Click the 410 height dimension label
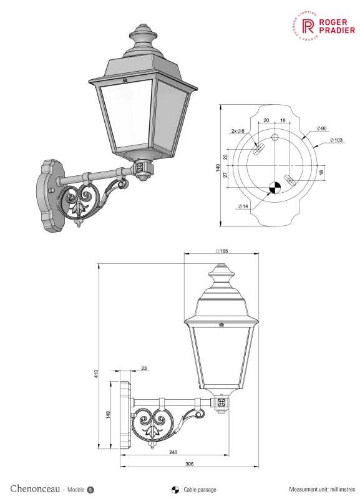tap(96, 374)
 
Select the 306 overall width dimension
tap(190, 463)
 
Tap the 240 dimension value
tap(173, 452)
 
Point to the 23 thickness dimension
tap(144, 368)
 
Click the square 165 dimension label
tap(222, 251)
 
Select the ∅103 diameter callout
tap(336, 140)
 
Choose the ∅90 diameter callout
tap(322, 128)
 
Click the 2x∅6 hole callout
tap(238, 131)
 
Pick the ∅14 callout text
tap(243, 206)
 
